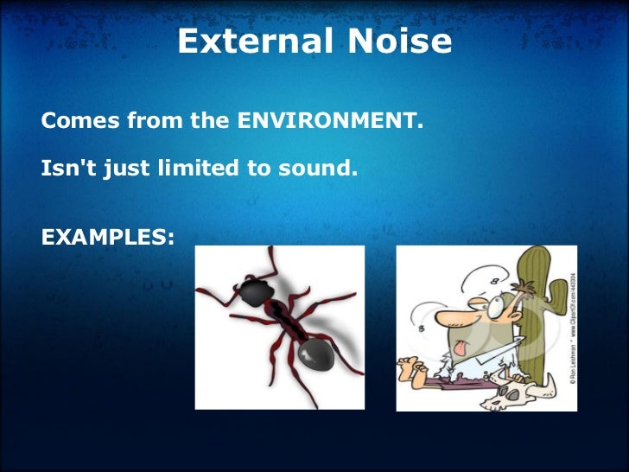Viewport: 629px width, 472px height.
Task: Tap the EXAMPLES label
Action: (107, 236)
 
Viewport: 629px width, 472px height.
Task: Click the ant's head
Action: (253, 292)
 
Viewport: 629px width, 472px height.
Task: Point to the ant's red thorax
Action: (283, 320)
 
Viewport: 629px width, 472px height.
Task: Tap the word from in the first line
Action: (156, 121)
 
